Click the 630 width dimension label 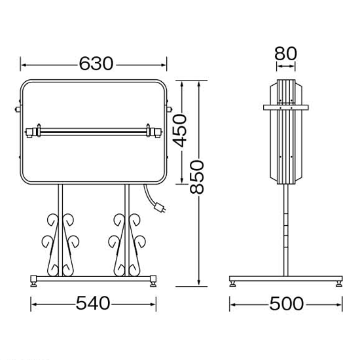[x=96, y=63]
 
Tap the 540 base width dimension [x=93, y=303]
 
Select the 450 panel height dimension [x=180, y=130]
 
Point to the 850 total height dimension [x=197, y=177]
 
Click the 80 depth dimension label [x=285, y=54]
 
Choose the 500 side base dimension [x=286, y=304]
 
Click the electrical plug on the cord [x=160, y=207]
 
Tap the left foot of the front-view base [x=33, y=281]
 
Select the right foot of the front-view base [x=153, y=281]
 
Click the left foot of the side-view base [x=232, y=284]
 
